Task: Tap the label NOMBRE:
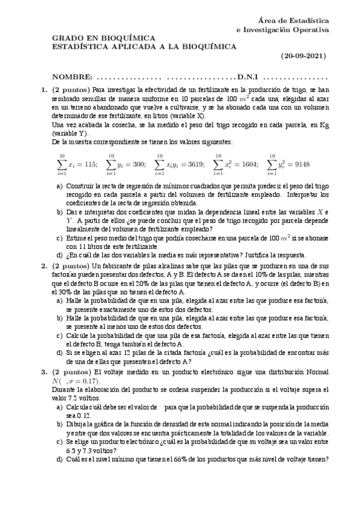tap(72, 78)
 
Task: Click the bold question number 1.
tap(43, 90)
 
